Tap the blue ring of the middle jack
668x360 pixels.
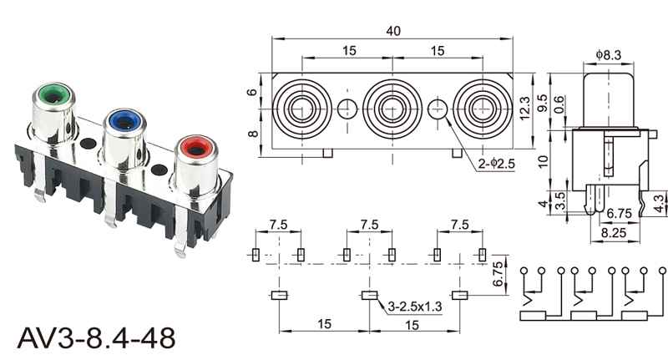pos(124,121)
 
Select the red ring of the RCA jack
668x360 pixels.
pos(196,147)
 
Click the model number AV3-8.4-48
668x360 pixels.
pos(96,338)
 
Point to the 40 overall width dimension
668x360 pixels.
pos(393,31)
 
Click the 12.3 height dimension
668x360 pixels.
pos(524,109)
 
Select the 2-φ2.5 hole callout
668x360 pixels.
pos(497,163)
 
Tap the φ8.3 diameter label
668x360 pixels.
pos(609,55)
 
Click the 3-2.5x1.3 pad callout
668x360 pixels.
pos(415,306)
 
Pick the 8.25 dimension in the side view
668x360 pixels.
pos(614,232)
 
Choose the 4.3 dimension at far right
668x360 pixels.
pos(659,203)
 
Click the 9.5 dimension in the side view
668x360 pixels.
pos(542,103)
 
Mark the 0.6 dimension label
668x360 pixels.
pos(559,104)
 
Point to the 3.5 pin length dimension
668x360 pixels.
pos(560,201)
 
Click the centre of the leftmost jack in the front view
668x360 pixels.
pos(302,109)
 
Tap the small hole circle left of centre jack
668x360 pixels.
pos(347,109)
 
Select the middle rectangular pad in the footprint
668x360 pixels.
pos(369,295)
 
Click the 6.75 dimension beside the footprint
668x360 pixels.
pos(497,274)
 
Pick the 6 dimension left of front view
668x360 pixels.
pos(253,92)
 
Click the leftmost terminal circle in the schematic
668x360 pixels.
pos(524,270)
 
